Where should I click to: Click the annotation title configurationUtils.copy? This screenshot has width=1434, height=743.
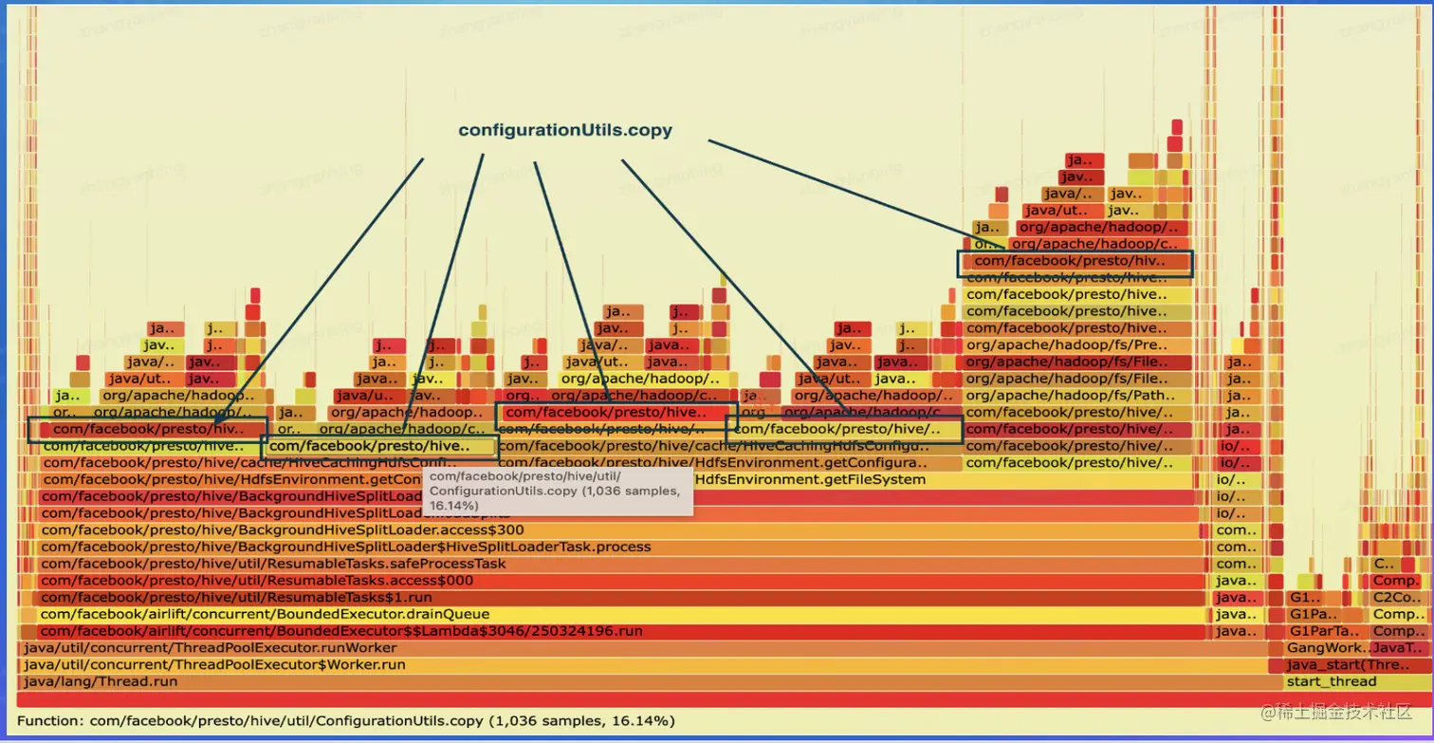[565, 131]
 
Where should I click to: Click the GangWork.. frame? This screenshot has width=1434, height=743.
[1323, 647]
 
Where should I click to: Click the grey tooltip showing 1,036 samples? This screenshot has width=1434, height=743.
[558, 492]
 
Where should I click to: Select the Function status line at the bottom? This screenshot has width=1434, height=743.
[346, 721]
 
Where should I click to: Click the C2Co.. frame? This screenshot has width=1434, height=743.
[1397, 597]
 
